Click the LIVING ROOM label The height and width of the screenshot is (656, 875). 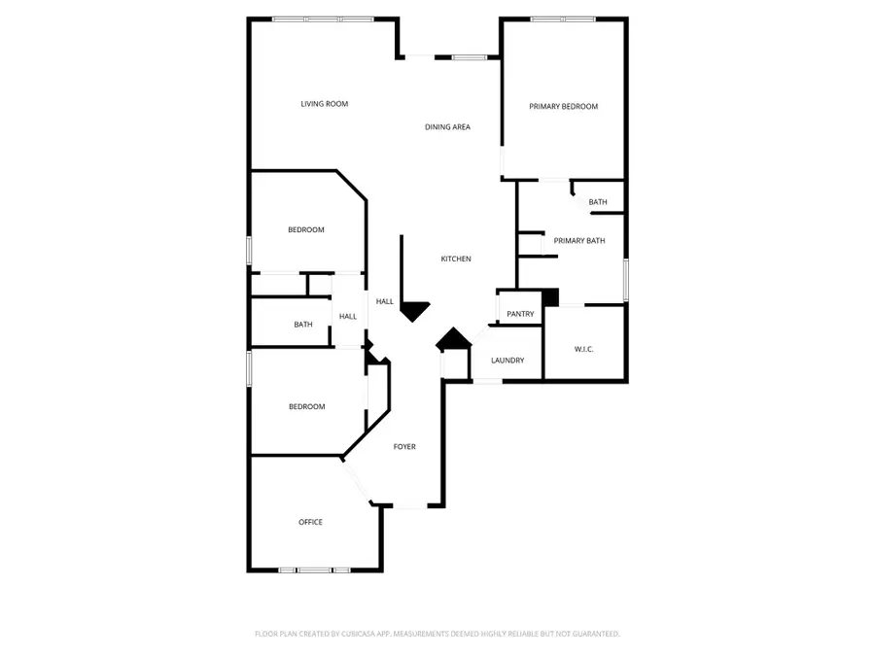point(324,104)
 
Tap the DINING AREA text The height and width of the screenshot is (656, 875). point(448,127)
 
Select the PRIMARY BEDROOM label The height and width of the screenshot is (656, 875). point(563,107)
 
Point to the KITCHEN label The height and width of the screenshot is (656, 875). point(456,259)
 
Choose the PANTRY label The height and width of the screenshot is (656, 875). point(520,314)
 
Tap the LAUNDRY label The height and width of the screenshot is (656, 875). point(507,361)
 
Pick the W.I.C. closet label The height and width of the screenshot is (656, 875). point(584,349)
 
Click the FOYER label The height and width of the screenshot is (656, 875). point(404,447)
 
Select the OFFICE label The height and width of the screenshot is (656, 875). point(310,523)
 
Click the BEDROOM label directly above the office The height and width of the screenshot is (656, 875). point(306,407)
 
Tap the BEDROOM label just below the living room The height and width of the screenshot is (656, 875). point(305,230)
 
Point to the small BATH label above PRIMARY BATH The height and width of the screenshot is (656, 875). point(598,202)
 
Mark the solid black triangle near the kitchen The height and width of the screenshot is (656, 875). point(414,310)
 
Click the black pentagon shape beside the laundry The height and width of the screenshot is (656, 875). point(452,340)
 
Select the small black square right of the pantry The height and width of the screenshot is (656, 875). point(551,297)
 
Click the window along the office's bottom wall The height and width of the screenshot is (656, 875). point(314,570)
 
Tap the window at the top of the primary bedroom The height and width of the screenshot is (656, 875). point(563,18)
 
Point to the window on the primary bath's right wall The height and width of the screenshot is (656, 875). point(625,278)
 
